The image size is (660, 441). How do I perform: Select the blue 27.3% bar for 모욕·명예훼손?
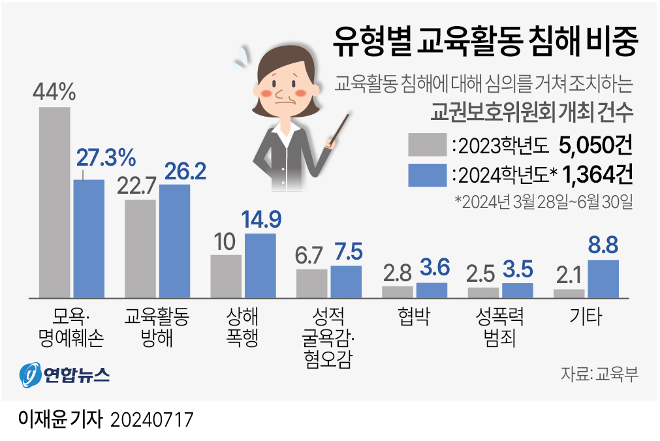[89, 239]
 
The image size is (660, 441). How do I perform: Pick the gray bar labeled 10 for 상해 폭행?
[225, 276]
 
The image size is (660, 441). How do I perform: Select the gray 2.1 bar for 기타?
[569, 294]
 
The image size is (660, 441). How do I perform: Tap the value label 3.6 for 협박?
[432, 269]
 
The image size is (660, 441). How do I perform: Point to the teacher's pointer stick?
[340, 130]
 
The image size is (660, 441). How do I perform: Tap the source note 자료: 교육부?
[598, 374]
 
